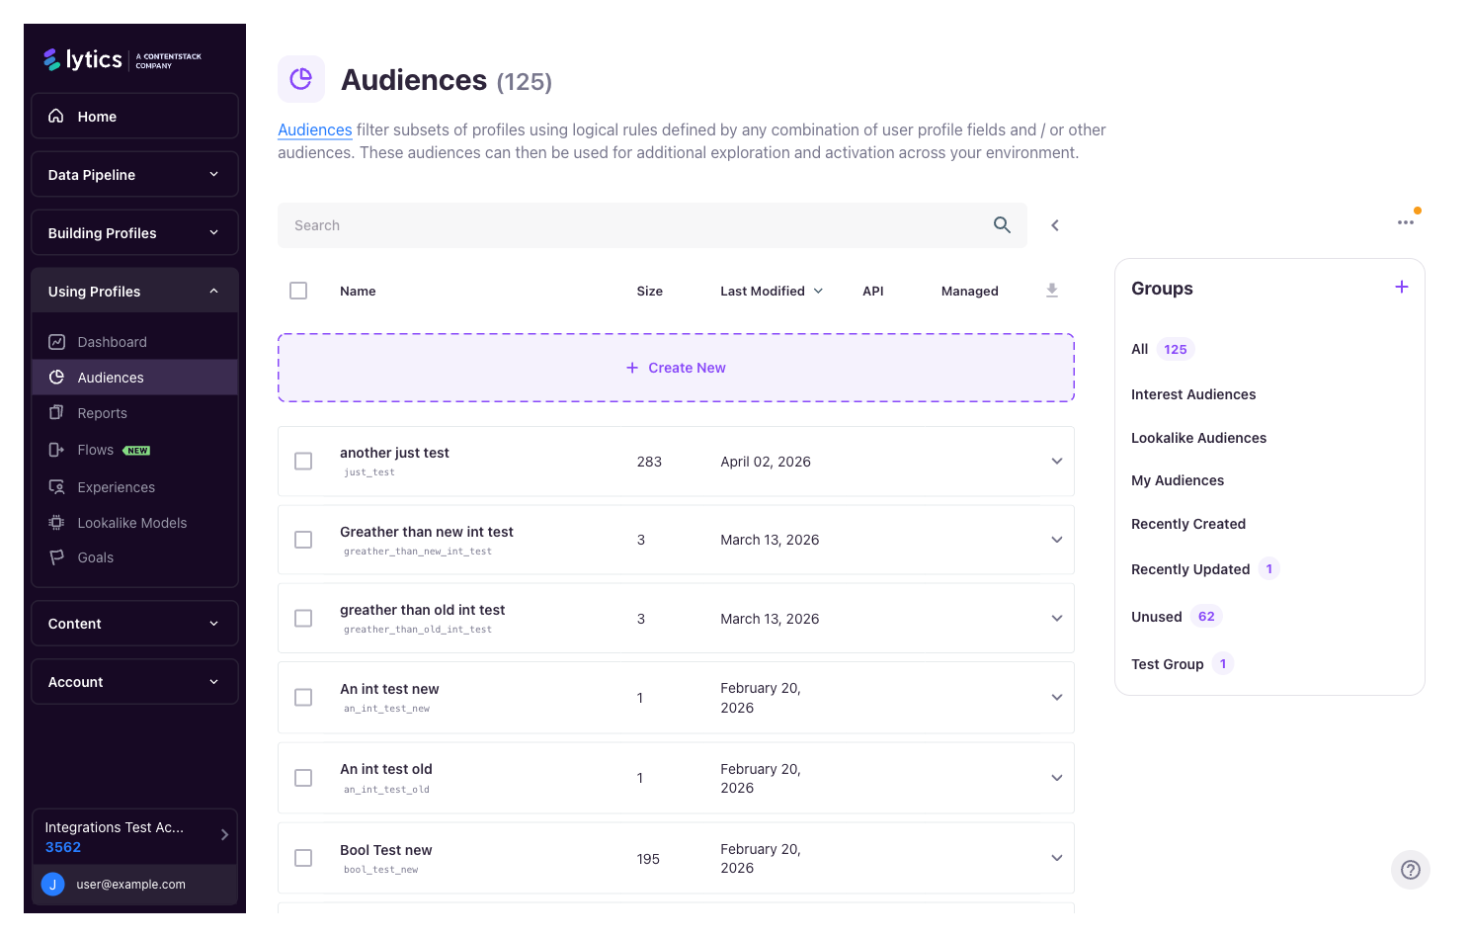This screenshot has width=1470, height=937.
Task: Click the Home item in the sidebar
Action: pyautogui.click(x=97, y=117)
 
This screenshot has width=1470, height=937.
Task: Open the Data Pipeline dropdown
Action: pyautogui.click(x=134, y=175)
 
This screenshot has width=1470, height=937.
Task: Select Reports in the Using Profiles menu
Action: pyautogui.click(x=103, y=413)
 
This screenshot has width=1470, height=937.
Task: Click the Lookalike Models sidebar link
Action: pyautogui.click(x=131, y=523)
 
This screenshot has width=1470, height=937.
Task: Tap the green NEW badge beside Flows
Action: pyautogui.click(x=137, y=451)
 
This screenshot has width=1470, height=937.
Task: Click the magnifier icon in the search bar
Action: pyautogui.click(x=1002, y=225)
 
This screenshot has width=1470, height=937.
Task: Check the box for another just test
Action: pyautogui.click(x=303, y=462)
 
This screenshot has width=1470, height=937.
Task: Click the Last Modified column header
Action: pyautogui.click(x=763, y=292)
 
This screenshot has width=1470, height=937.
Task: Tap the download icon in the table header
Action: pyautogui.click(x=1052, y=291)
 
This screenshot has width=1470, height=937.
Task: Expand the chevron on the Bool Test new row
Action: pyautogui.click(x=1056, y=858)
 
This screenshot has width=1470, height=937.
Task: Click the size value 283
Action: pyautogui.click(x=649, y=462)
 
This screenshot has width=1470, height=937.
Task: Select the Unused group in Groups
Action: pyautogui.click(x=1156, y=617)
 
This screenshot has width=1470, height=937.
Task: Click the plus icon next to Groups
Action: pyautogui.click(x=1401, y=288)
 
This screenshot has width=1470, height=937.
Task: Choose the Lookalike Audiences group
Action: pyautogui.click(x=1198, y=438)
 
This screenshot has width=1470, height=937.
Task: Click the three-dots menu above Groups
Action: pyautogui.click(x=1405, y=223)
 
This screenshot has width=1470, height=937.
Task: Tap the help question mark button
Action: pyautogui.click(x=1410, y=870)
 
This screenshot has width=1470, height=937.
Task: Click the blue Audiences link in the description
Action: pyautogui.click(x=314, y=130)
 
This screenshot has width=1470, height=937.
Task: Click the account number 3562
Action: pyautogui.click(x=63, y=847)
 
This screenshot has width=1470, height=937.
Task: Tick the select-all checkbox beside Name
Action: pyautogui.click(x=298, y=291)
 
